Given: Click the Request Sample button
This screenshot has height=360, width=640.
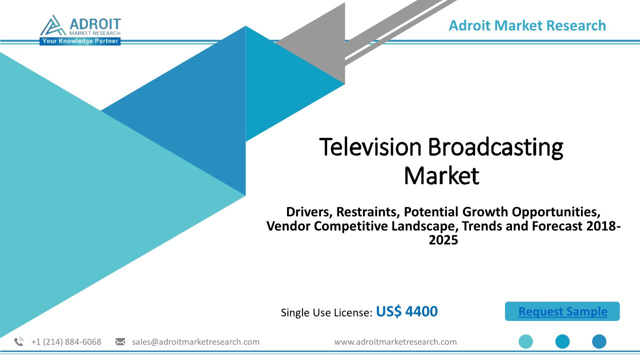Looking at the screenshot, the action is pos(562,311).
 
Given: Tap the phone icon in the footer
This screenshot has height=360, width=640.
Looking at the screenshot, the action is pos(19,341).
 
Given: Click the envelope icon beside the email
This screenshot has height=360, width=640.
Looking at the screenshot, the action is pos(120,341).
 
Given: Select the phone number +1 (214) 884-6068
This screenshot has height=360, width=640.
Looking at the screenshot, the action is pos(66,341).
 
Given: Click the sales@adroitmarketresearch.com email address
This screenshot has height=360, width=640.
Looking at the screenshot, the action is pos(195,341).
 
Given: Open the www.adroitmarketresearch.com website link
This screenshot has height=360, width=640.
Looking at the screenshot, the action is pos(395,341).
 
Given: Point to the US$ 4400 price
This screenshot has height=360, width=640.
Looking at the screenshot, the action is pos(407,311).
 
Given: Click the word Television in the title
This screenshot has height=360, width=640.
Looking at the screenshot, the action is pos(370,147).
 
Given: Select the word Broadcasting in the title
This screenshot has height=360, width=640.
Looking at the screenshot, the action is pos(495,148).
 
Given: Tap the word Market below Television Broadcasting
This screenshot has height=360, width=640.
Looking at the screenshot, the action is pos(441,175).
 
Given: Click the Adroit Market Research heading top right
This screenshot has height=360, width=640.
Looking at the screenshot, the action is pos(527,25).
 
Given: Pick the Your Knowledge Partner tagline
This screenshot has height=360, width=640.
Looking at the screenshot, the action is pos(80,41).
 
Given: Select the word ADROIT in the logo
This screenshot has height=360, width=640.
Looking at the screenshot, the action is pos(95,23).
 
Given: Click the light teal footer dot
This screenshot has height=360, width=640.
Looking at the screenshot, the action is pos(525,341).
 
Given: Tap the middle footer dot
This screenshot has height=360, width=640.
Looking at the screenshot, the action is pos(562,341).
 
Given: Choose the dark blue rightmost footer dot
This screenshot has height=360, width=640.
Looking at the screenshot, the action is pos(599,341).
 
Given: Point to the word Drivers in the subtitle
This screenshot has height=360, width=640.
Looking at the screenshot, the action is pos(309,212).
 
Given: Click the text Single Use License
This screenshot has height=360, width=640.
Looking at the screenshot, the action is pos(326,312).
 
